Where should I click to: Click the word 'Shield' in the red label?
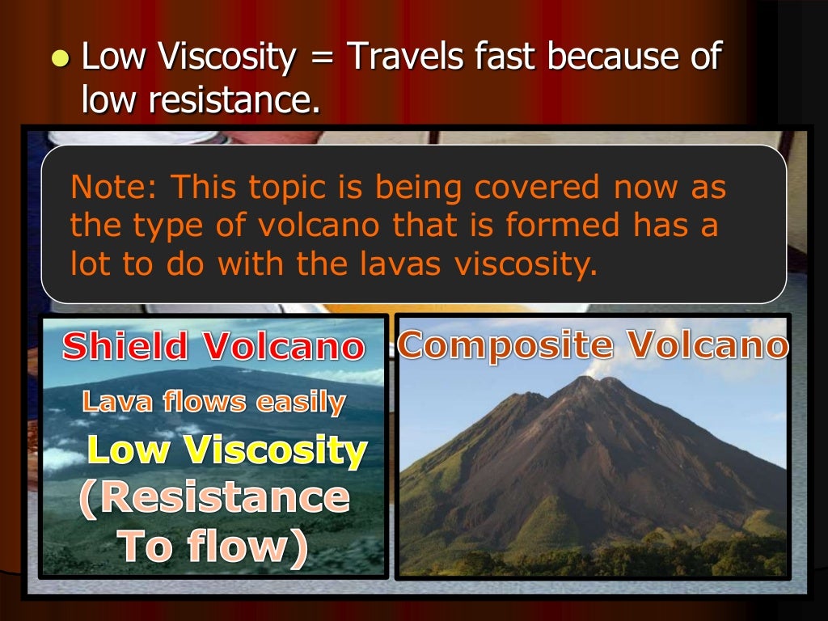click(x=126, y=347)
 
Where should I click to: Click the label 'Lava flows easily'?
click(x=213, y=402)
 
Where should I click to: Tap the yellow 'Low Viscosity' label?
click(x=226, y=450)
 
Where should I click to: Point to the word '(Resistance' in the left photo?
click(x=214, y=498)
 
